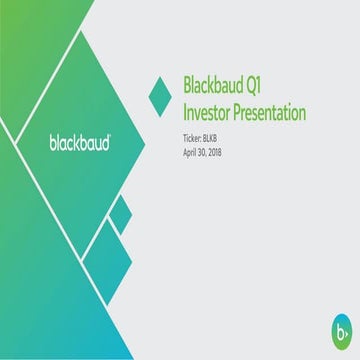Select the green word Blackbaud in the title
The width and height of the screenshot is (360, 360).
216,83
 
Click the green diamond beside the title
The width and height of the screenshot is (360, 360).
159,94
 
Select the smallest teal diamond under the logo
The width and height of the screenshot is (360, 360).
120,212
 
